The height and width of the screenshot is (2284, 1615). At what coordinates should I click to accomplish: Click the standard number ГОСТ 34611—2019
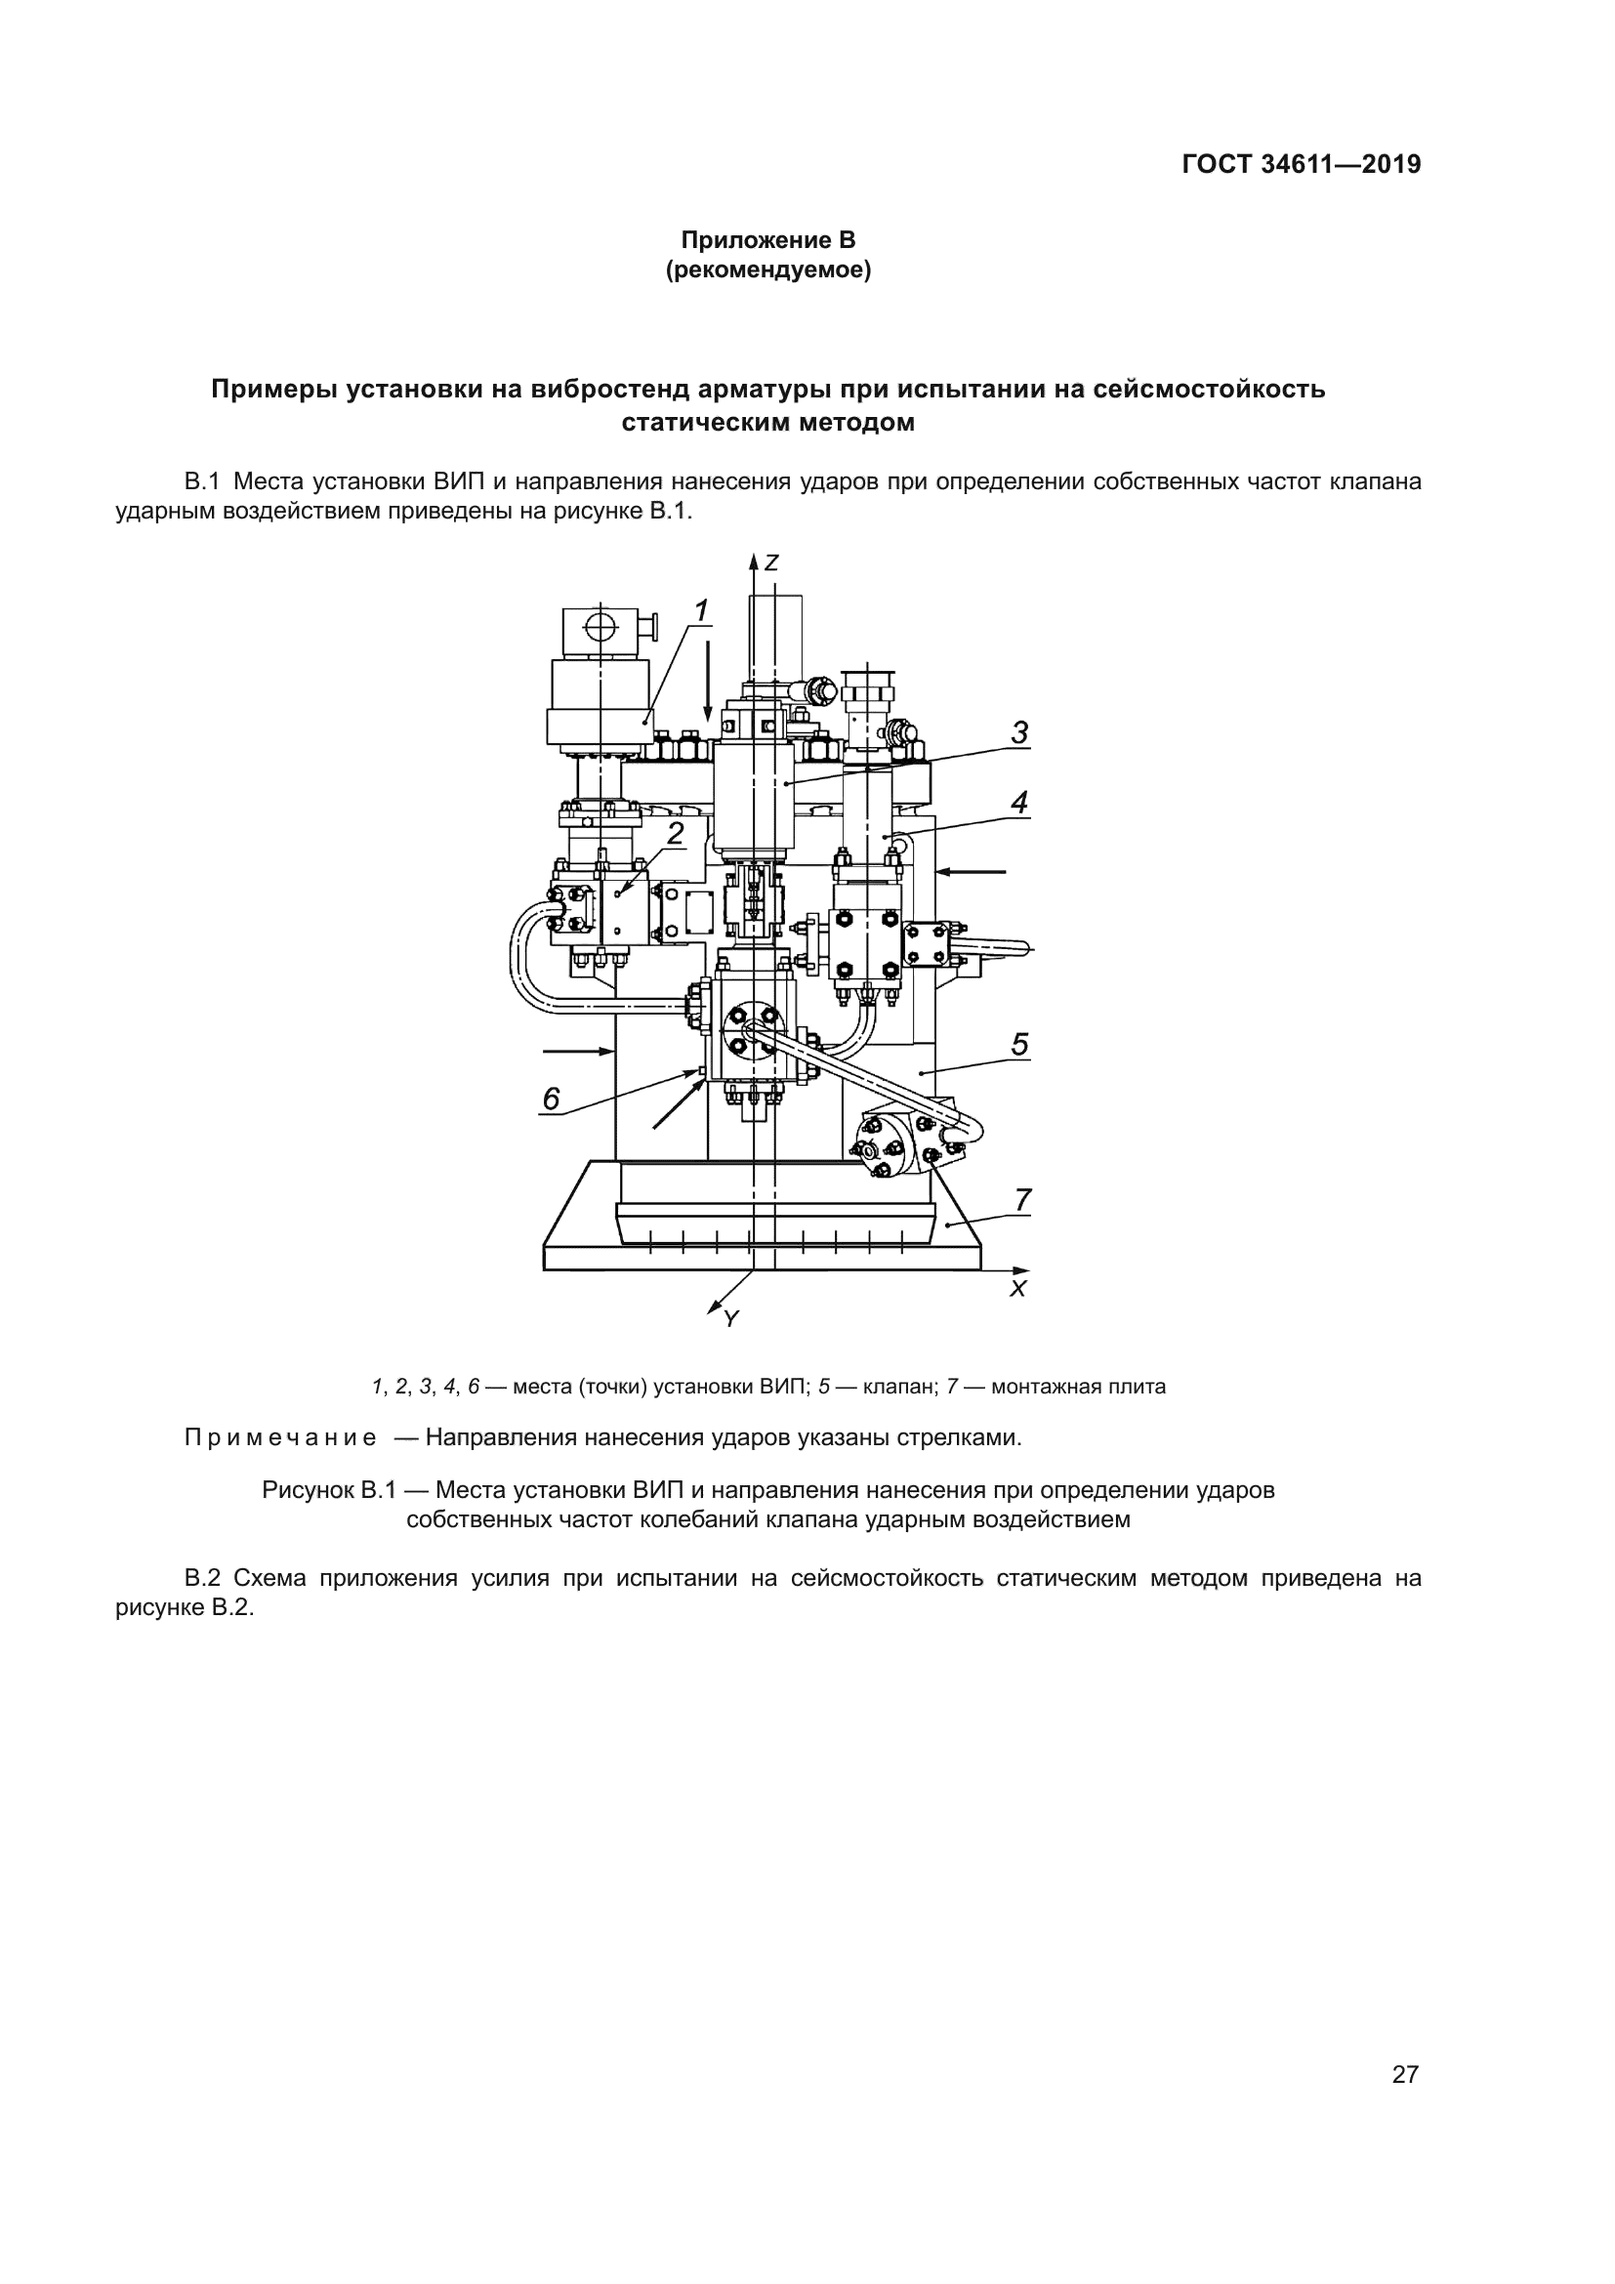click(1301, 164)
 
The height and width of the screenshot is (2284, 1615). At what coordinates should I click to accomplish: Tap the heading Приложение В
click(767, 240)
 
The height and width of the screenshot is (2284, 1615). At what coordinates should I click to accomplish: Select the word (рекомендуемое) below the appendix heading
click(767, 270)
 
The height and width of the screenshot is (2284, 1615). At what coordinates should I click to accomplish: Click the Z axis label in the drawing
click(770, 563)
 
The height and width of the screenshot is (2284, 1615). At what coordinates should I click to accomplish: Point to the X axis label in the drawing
click(1017, 1289)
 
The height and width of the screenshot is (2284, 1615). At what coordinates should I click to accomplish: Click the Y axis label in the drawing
click(731, 1320)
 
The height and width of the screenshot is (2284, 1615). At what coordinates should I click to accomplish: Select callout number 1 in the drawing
click(701, 610)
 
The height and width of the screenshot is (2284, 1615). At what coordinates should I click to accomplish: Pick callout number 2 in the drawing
click(676, 834)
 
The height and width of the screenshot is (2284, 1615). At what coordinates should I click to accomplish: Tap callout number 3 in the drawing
click(1019, 733)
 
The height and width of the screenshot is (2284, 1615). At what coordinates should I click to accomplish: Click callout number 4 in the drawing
click(1019, 802)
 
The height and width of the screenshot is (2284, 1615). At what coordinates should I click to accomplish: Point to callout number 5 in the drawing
click(1019, 1045)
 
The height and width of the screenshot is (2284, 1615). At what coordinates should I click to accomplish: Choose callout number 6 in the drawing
click(551, 1100)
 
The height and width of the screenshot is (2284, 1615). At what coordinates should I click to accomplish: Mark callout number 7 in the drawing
click(1022, 1201)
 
